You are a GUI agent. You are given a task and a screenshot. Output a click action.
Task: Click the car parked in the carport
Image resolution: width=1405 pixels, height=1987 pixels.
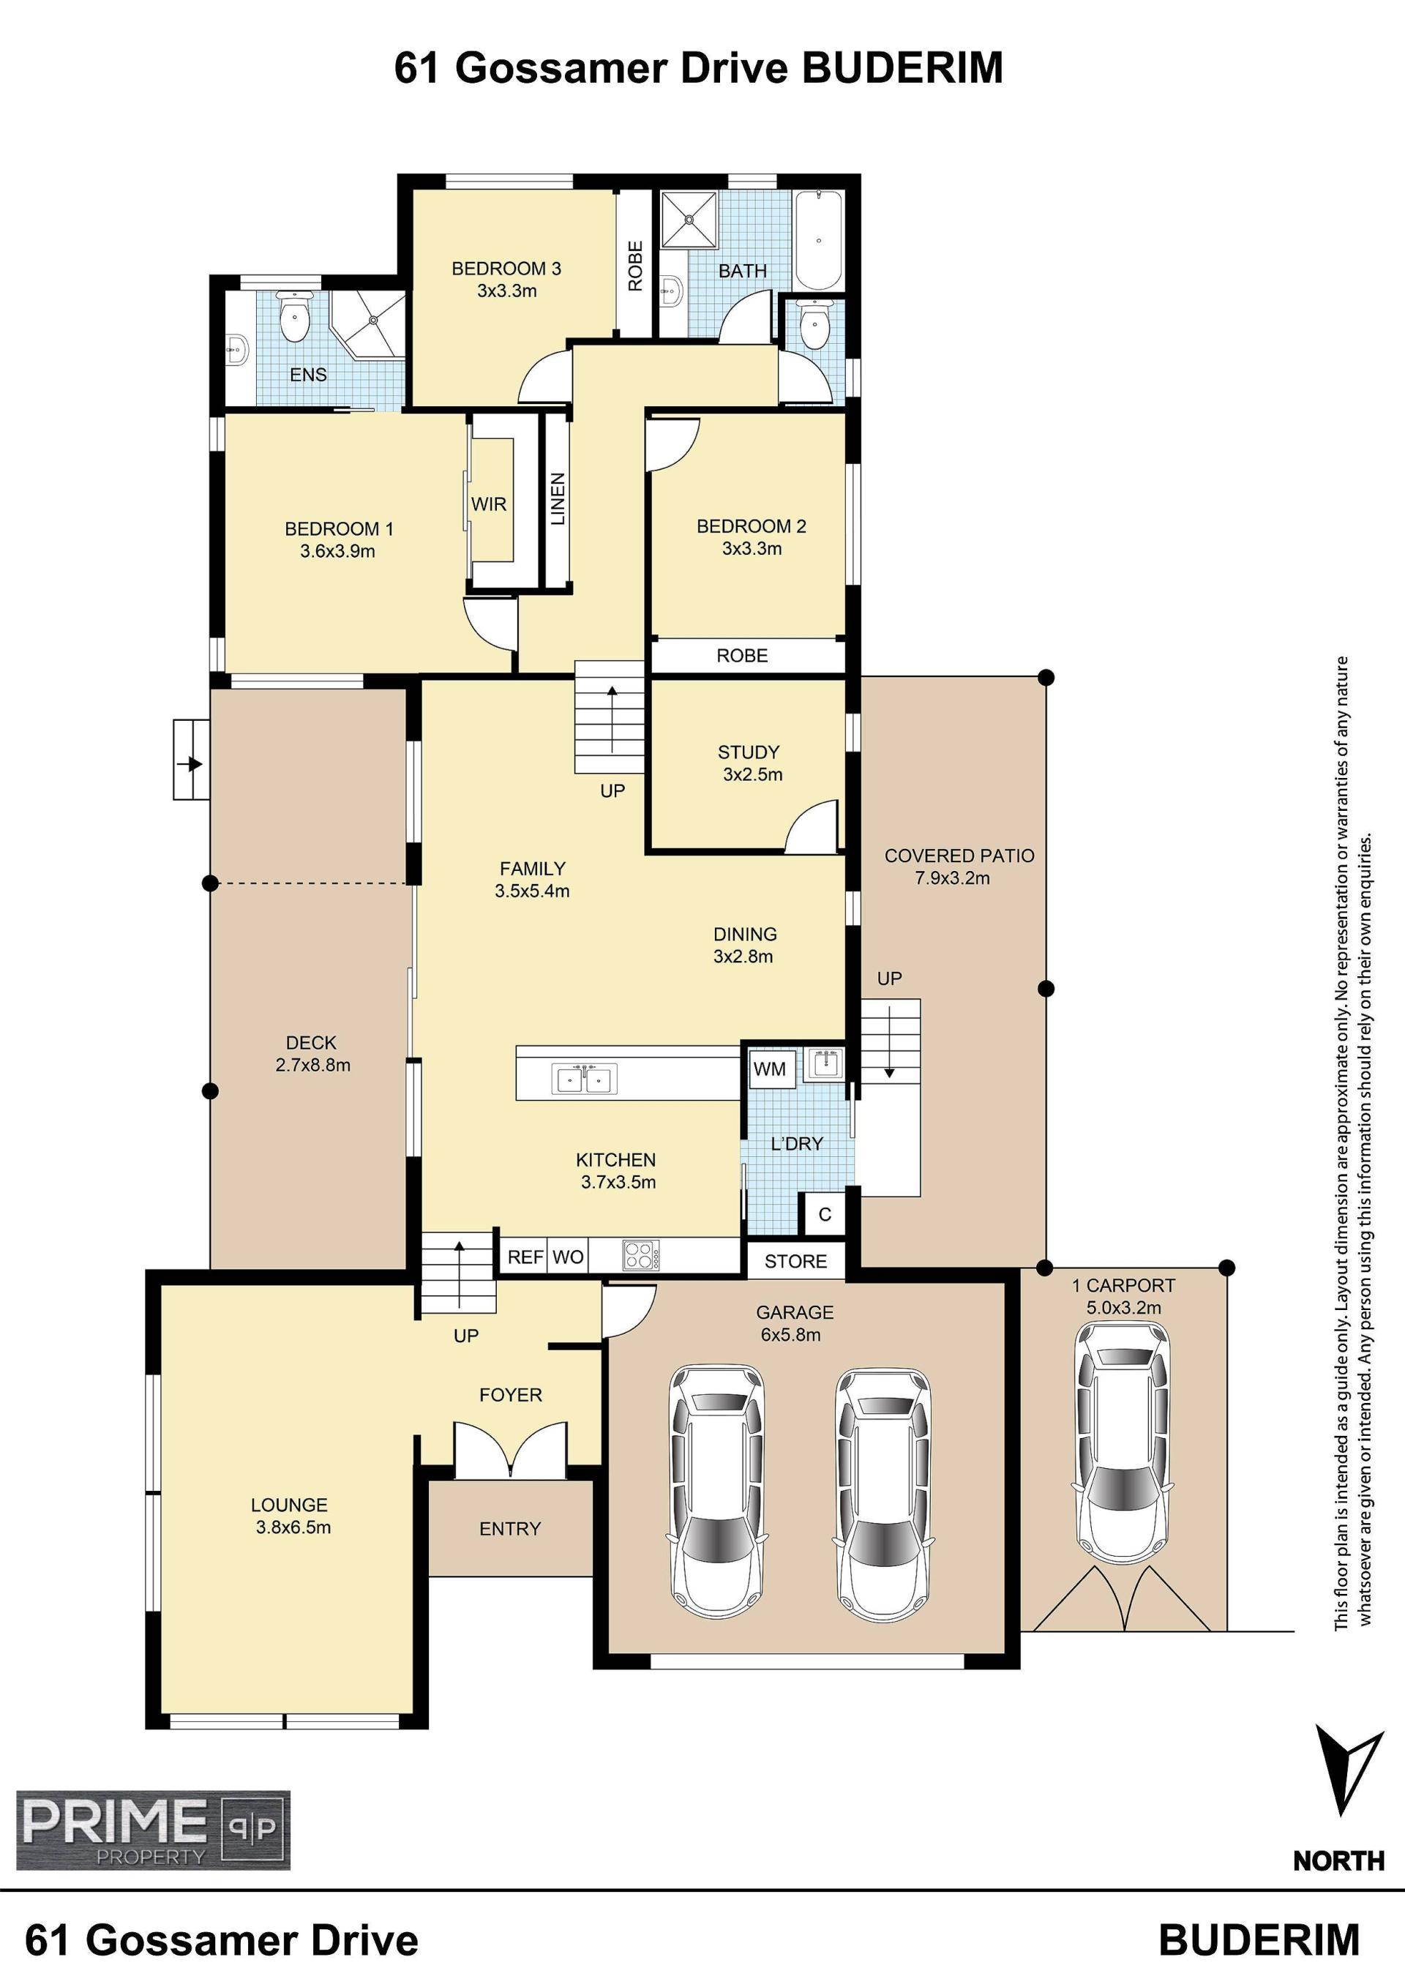1122,1442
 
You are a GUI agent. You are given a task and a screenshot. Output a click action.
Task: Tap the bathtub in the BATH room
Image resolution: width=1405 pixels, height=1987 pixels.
817,240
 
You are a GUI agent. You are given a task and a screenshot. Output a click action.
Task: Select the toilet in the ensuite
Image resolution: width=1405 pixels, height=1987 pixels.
294,317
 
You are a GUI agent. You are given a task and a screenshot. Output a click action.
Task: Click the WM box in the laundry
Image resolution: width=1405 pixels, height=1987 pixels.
769,1069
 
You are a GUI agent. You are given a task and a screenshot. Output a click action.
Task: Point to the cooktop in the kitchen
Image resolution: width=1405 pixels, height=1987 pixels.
641,1256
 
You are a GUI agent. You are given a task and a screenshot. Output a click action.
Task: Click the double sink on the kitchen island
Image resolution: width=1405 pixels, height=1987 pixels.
585,1079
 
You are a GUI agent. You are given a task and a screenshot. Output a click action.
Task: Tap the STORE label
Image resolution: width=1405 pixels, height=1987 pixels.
795,1262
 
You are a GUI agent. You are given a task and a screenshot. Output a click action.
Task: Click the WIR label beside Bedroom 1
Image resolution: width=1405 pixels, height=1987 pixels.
489,504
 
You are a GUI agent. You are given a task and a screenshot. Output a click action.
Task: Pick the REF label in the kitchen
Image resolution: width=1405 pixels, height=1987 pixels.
525,1257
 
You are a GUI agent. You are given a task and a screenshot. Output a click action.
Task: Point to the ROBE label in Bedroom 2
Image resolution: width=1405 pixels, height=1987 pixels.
742,656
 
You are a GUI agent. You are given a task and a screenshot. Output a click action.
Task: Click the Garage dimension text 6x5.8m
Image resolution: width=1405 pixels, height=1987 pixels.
791,1334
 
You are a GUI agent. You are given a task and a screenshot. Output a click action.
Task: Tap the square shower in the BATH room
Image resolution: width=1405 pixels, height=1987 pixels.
689,220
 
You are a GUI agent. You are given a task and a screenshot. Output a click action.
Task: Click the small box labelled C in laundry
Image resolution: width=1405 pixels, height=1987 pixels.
825,1214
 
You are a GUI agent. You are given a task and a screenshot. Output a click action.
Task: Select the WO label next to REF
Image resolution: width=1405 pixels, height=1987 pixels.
568,1257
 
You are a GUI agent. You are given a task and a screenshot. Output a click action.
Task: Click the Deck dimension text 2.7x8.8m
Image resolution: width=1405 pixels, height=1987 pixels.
313,1066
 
